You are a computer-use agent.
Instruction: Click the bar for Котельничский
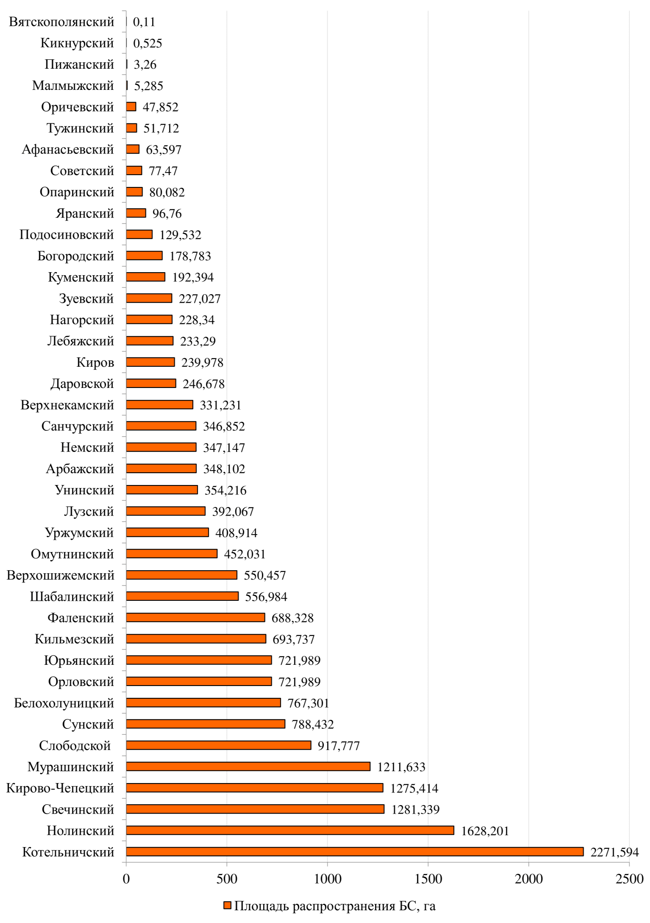coord(354,851)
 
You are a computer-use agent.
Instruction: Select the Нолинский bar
coord(290,830)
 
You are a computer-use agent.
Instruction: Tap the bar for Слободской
coord(218,745)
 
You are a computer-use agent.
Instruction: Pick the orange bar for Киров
coord(150,362)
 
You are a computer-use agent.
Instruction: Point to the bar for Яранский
coord(136,213)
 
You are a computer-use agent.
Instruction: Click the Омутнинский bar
coord(171,554)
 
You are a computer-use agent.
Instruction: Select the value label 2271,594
coord(614,852)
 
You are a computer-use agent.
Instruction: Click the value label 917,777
coord(339,745)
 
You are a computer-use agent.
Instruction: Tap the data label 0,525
coord(147,43)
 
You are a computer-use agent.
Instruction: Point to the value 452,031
coord(244,554)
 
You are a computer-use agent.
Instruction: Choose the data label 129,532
coord(180,235)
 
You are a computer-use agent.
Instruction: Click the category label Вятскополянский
coord(61,22)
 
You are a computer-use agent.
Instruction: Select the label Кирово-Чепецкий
coord(60,788)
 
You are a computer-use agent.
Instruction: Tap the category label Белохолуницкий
coord(64,703)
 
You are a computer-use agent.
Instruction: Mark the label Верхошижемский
coord(61,575)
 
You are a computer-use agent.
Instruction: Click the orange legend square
coord(227,906)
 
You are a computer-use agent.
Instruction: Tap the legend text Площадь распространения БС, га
coord(335,906)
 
